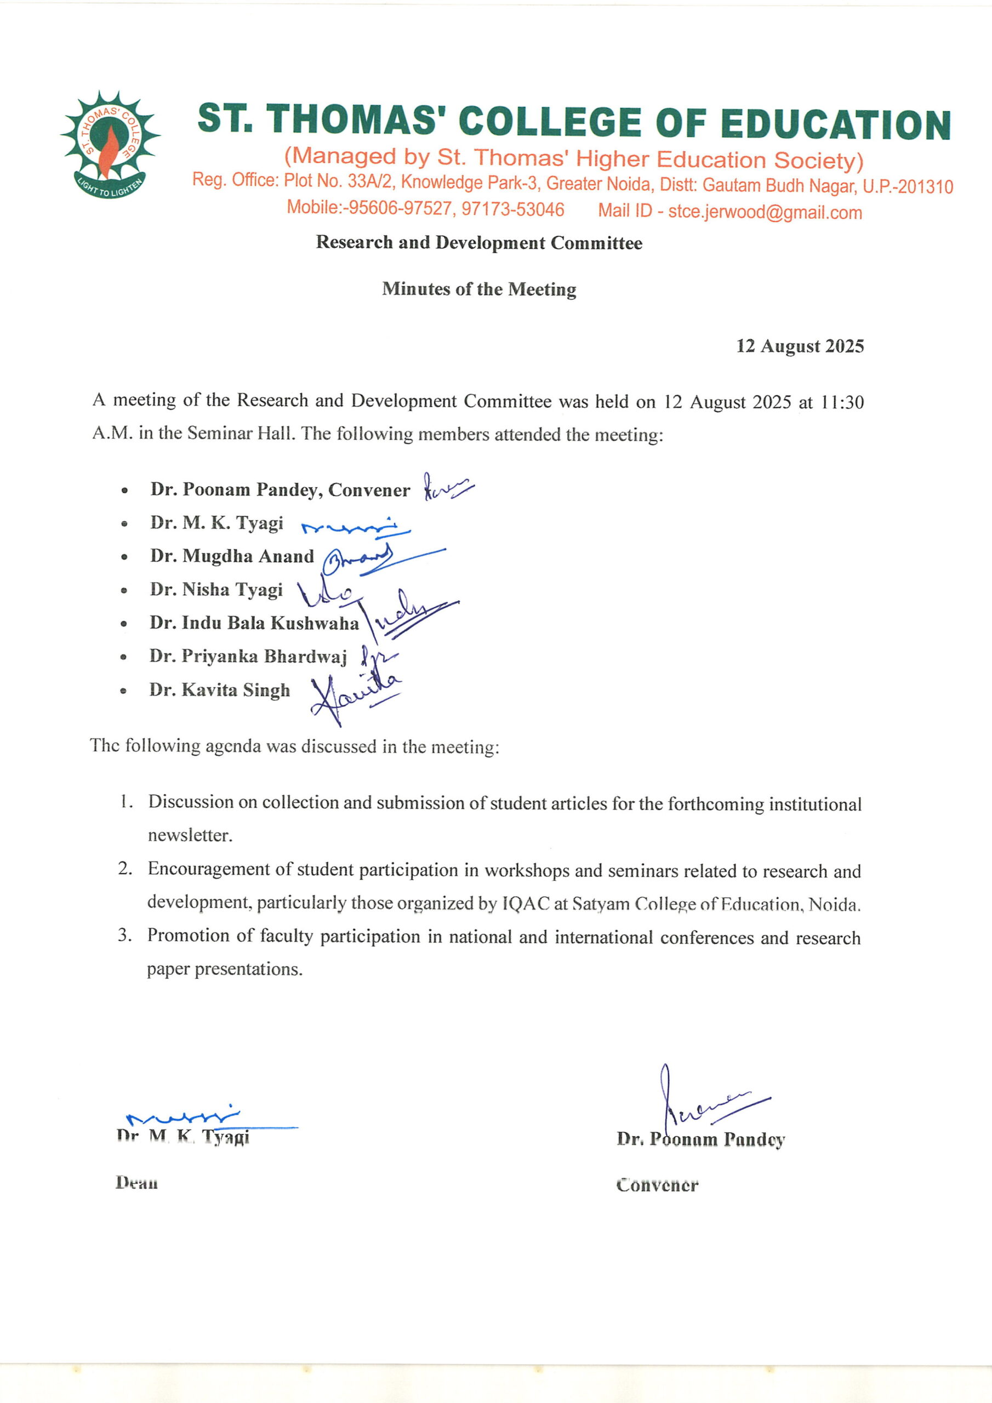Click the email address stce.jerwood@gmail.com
[x=765, y=212]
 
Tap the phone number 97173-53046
[x=513, y=209]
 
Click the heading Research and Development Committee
[x=479, y=243]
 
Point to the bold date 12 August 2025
[x=800, y=346]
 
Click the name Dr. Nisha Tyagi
[x=216, y=589]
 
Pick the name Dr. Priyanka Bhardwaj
[x=248, y=656]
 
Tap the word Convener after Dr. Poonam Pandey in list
[x=369, y=490]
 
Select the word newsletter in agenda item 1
[x=190, y=835]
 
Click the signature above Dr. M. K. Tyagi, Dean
[x=184, y=1116]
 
